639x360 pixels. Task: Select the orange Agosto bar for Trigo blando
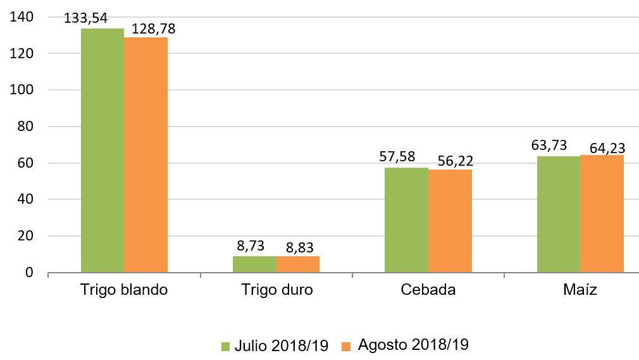pos(146,155)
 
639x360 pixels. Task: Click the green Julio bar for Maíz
pos(559,214)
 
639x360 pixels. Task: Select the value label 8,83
pos(299,246)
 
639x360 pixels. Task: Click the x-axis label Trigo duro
pos(276,290)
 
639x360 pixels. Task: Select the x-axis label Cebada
pos(428,290)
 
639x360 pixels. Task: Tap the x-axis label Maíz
pos(580,290)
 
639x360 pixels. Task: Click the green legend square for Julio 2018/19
pos(226,346)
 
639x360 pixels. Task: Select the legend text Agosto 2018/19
pos(413,345)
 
